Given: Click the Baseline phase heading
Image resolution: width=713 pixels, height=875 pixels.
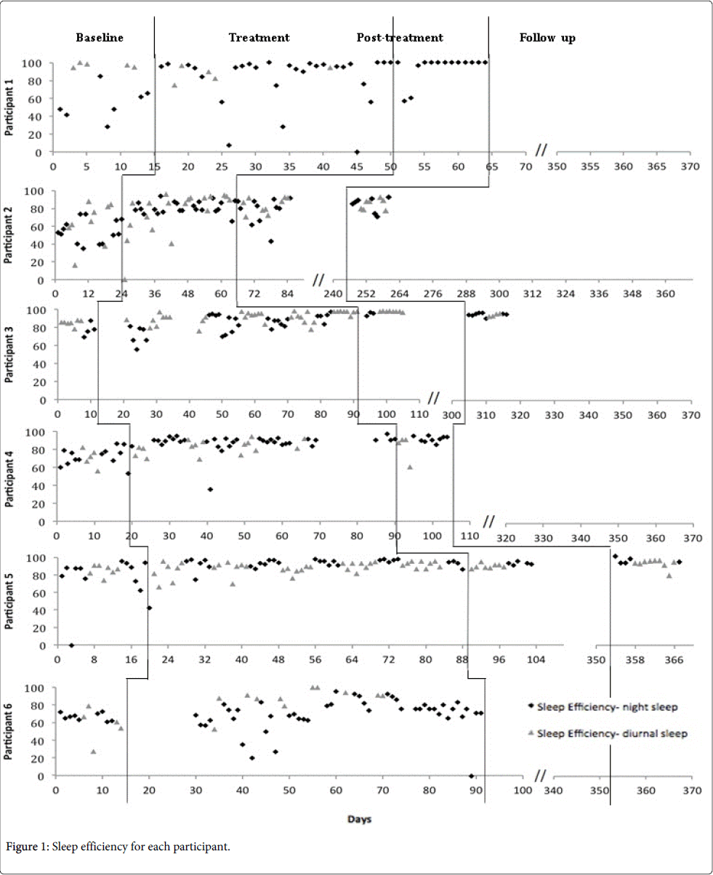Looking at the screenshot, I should click(100, 38).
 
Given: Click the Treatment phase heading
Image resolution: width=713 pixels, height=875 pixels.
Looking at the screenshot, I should click(259, 38).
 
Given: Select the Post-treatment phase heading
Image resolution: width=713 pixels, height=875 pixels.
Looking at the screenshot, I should click(400, 38).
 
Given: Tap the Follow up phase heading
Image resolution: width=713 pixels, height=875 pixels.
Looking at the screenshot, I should click(547, 39).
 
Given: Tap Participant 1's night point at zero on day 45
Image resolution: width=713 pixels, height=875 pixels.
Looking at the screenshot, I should click(357, 152).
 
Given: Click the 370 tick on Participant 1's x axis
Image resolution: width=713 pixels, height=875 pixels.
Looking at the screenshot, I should click(690, 166).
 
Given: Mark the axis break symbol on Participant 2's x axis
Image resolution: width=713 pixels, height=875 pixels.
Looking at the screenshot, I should click(318, 281).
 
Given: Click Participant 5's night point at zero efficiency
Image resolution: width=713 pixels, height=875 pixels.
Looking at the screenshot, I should click(71, 645).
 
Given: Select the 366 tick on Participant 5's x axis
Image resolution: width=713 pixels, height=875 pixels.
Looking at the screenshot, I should click(673, 660).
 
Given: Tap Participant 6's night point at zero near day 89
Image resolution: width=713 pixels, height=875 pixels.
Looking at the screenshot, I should click(471, 776).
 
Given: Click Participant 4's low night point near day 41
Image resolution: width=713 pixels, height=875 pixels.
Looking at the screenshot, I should click(210, 489).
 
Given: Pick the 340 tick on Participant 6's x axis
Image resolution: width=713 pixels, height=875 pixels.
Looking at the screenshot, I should click(553, 790).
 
